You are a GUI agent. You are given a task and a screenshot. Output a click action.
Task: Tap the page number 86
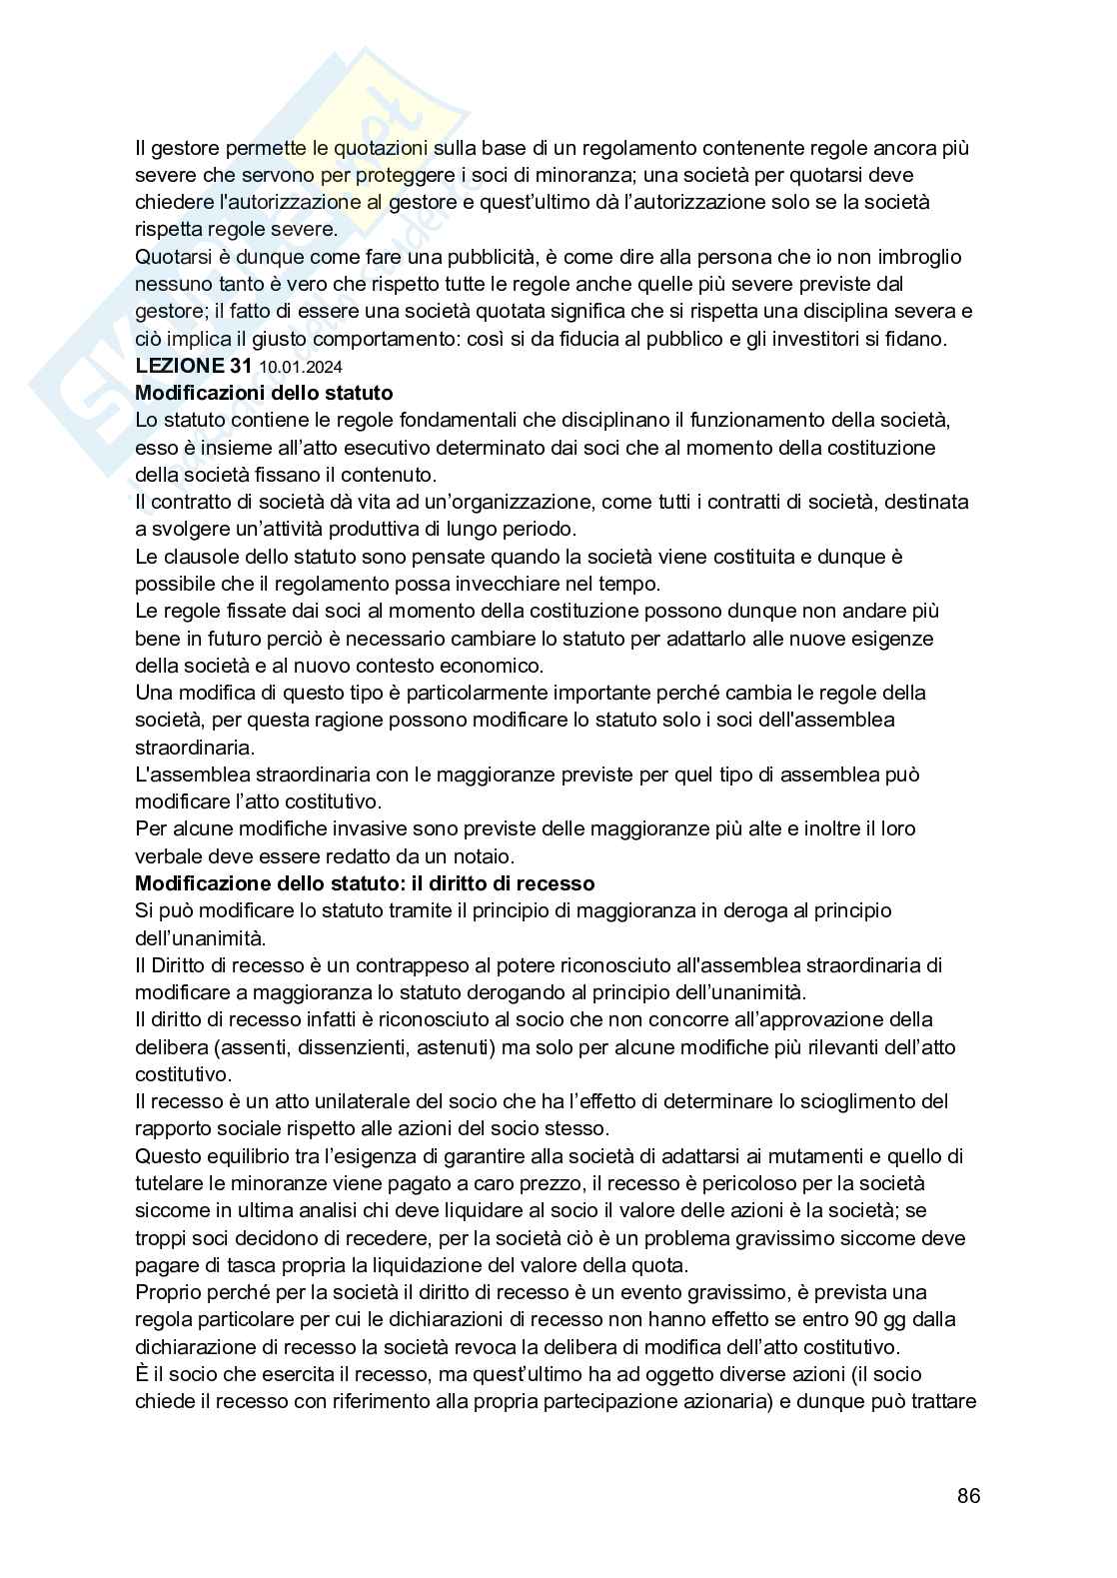click(x=967, y=1496)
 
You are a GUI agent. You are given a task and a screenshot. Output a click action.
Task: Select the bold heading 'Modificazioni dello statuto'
click(x=264, y=393)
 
